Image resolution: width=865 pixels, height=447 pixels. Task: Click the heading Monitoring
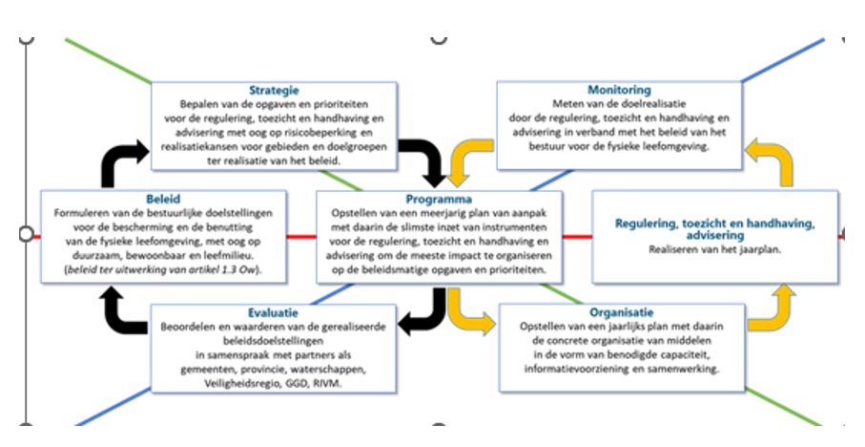619,90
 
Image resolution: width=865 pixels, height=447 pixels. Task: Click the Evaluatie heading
275,312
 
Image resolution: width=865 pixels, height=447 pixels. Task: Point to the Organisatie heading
621,312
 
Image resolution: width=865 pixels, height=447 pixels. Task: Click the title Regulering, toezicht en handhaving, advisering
715,229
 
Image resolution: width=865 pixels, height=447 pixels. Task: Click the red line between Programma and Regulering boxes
577,235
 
